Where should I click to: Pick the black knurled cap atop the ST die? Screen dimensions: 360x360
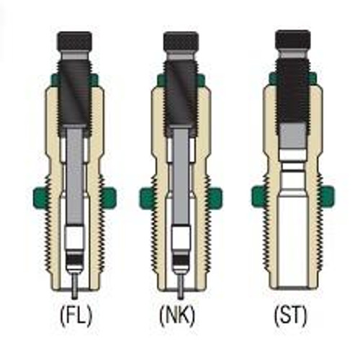click(x=293, y=40)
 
